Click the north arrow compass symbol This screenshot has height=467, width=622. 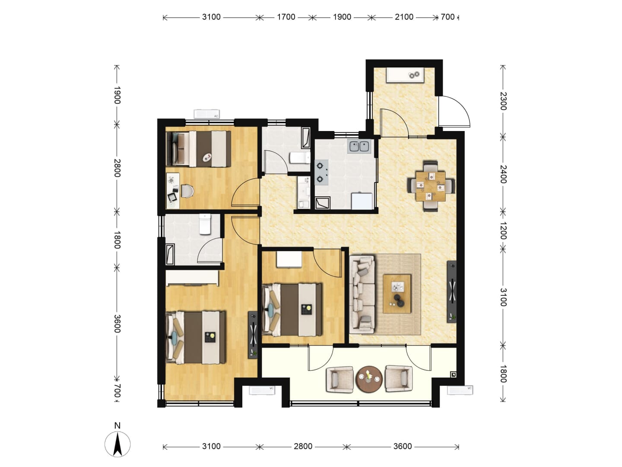point(117,445)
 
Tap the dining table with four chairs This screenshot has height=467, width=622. point(431,186)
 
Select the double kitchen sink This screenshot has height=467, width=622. point(359,147)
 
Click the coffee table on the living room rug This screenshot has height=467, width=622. point(397,294)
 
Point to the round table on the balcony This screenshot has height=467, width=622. point(369,379)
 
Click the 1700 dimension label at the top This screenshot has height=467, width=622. point(286,17)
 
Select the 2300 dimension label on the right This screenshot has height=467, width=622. point(503,101)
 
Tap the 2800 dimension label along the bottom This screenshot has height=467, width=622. point(303,447)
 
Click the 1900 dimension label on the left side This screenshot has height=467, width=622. point(117,95)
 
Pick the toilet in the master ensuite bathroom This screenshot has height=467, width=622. point(205,224)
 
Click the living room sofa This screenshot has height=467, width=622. point(362,294)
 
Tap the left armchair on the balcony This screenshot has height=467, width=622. point(340,379)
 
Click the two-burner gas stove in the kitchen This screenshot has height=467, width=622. point(321,173)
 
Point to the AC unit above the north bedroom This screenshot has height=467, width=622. point(206,114)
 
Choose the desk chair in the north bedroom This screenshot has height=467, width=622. point(187,191)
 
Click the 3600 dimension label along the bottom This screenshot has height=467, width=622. point(403,447)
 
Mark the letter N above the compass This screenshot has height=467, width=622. point(117,425)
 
